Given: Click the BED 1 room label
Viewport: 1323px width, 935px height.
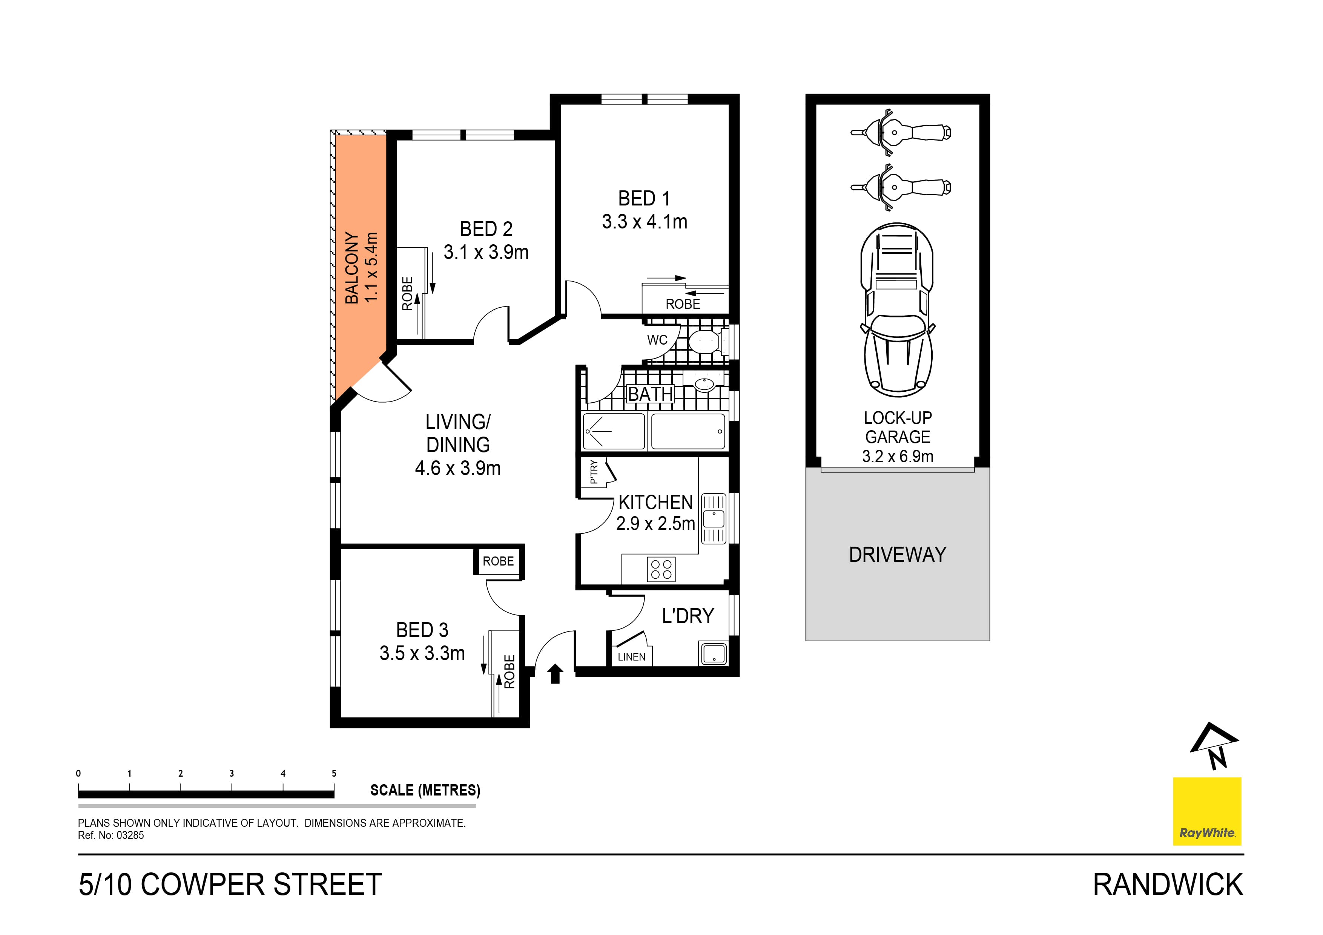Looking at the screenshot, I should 644,199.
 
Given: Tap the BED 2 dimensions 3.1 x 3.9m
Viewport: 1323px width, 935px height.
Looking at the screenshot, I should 486,252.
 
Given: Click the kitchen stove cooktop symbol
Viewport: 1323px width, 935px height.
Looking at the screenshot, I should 661,569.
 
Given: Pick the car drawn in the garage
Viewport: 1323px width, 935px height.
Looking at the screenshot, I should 897,310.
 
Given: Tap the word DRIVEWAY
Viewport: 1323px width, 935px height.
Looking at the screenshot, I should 897,554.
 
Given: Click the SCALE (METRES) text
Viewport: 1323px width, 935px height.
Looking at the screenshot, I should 425,790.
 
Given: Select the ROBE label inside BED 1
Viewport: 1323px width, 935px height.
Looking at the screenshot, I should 683,304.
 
